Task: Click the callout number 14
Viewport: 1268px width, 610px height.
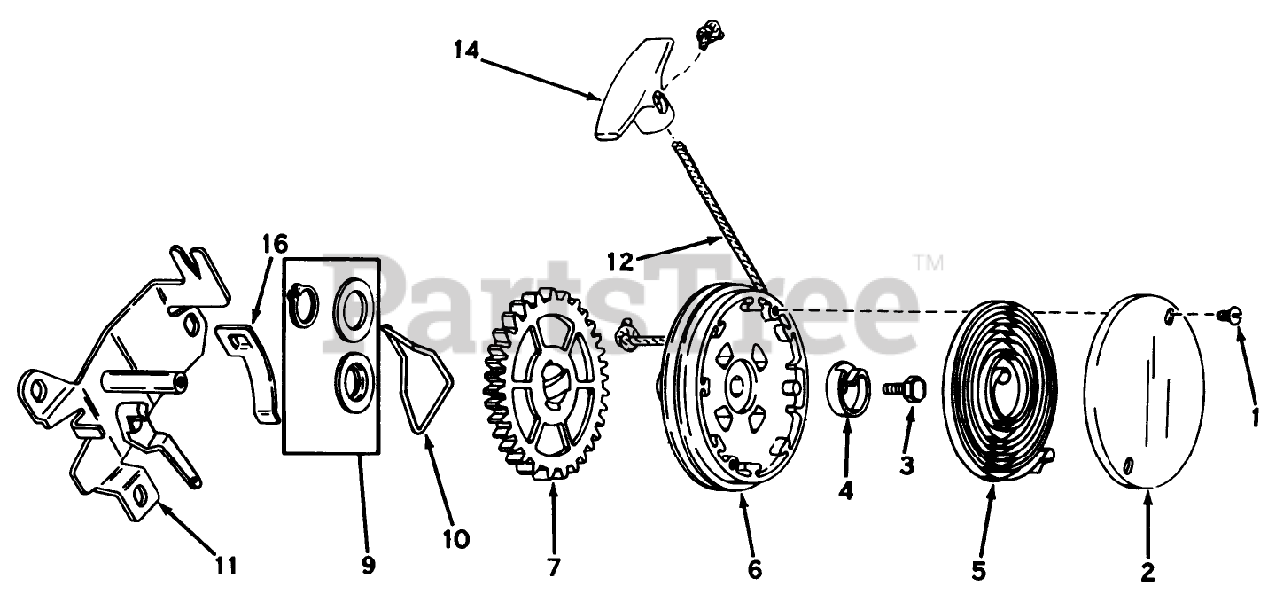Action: click(x=467, y=50)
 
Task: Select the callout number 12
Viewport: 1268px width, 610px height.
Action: click(x=621, y=261)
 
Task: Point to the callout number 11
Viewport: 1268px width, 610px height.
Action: click(x=226, y=565)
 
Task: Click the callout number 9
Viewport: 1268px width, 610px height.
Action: click(x=368, y=565)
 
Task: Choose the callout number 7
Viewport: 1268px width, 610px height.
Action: click(x=552, y=566)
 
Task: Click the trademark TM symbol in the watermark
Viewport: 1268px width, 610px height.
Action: click(x=928, y=264)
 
